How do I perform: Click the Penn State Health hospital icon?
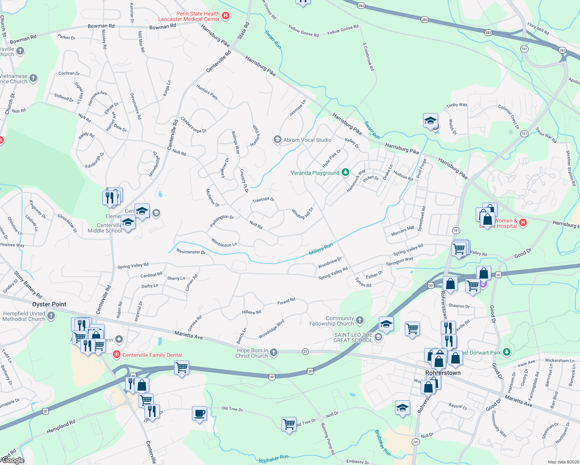(x=226, y=16)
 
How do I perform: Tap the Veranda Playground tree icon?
(x=345, y=172)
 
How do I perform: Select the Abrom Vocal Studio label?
(x=307, y=140)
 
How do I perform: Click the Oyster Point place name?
(x=49, y=304)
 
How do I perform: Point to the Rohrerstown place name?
(x=443, y=373)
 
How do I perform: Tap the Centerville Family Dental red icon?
(x=116, y=355)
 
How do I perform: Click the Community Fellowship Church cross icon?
(x=360, y=320)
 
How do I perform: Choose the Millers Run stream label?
(x=321, y=249)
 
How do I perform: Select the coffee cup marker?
(x=200, y=413)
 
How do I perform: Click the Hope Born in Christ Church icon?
(x=274, y=352)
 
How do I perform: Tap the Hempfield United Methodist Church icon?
(x=51, y=316)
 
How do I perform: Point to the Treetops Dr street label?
(x=263, y=200)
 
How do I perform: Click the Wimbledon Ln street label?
(x=224, y=243)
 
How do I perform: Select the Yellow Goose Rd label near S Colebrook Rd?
(x=343, y=29)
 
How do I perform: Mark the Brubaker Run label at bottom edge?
(x=274, y=459)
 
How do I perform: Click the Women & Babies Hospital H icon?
(x=523, y=222)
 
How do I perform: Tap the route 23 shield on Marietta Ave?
(x=305, y=351)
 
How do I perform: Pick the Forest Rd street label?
(x=286, y=301)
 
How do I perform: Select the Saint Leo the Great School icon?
(x=378, y=337)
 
